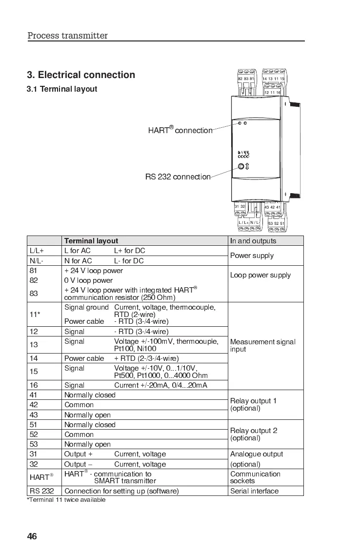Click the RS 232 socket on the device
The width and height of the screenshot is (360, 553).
[x=240, y=167]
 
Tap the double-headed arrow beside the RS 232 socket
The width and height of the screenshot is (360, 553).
[x=247, y=167]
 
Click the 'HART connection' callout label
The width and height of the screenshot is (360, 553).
[x=180, y=130]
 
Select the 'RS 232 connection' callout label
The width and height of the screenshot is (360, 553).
[x=178, y=177]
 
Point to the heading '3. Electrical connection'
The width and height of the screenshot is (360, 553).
[x=81, y=75]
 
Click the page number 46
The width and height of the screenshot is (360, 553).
[x=32, y=536]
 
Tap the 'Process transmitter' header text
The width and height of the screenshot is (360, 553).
[x=67, y=36]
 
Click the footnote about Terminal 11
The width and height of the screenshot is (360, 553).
[x=66, y=500]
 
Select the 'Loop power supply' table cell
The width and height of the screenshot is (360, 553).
[x=260, y=275]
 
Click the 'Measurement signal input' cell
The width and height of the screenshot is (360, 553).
[x=262, y=345]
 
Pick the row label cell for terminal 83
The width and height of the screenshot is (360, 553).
[x=44, y=293]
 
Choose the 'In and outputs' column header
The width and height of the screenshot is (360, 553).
[x=253, y=241]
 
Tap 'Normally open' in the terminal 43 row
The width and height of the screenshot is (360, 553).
[x=90, y=415]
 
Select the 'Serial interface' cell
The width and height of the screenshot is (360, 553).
[x=254, y=491]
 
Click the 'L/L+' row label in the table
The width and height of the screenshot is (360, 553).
[x=37, y=251]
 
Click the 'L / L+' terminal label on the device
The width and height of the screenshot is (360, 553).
[x=244, y=223]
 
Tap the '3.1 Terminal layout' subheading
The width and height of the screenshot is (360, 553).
[x=62, y=89]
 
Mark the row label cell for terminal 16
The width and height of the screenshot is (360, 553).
[x=44, y=385]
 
